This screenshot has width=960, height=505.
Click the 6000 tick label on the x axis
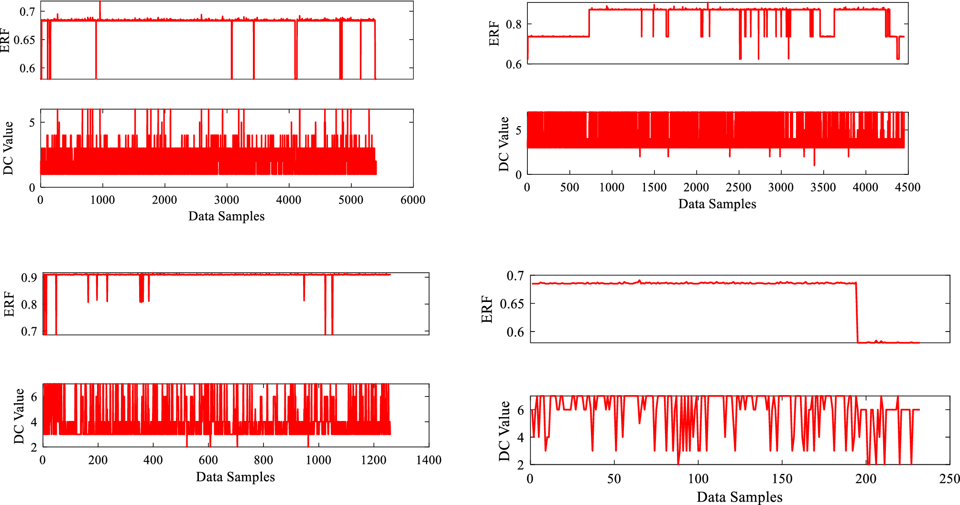413,200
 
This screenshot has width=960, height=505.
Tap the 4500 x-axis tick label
907,187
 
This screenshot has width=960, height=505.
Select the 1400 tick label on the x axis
428,460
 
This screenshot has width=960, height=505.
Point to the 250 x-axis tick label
949,479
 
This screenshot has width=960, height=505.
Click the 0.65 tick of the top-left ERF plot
24,40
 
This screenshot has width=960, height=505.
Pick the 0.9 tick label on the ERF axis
29,278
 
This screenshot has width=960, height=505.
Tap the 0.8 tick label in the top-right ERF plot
513,24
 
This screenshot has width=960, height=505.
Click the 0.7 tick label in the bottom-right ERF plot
515,276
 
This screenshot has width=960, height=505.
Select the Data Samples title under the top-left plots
226,216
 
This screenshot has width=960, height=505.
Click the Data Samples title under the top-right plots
717,204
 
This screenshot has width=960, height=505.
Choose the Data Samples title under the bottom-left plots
235,477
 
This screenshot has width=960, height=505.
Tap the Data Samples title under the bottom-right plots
739,497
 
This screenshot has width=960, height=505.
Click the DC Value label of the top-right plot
504,144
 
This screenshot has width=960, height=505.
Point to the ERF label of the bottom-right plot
487,309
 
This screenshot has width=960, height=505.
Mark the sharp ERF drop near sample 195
857,313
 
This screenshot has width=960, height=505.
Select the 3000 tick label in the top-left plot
227,200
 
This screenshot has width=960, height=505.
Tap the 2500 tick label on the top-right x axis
738,187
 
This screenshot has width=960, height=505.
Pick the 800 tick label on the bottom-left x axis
263,460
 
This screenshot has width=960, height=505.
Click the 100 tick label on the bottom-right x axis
698,479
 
